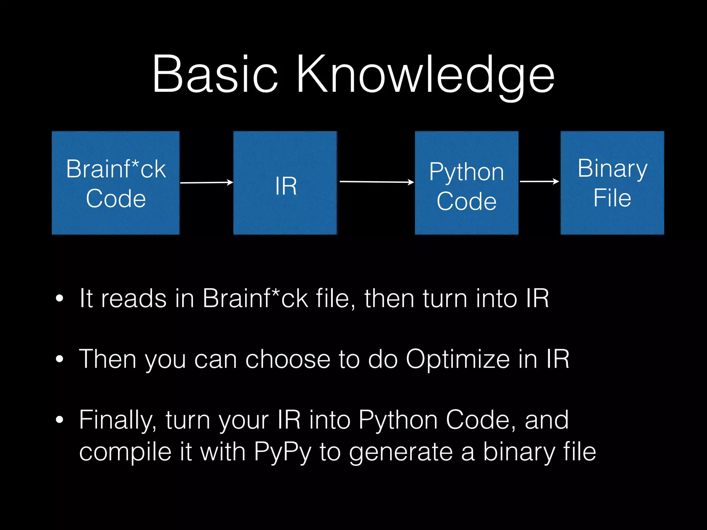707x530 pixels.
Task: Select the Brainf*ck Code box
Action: click(116, 183)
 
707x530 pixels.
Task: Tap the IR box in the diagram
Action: click(285, 183)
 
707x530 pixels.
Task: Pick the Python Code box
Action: click(466, 183)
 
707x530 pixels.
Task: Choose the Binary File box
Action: click(612, 183)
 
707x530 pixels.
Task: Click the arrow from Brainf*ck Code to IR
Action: click(206, 183)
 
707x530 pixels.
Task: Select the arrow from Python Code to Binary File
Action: click(539, 181)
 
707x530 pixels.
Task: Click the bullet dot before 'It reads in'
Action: click(59, 299)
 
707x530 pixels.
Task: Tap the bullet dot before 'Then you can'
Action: click(59, 359)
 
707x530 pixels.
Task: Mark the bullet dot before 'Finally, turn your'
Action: click(59, 420)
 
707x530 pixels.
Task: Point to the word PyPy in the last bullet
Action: click(282, 452)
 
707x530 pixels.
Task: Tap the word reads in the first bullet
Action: click(134, 298)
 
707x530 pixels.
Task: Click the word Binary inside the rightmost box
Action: click(612, 169)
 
